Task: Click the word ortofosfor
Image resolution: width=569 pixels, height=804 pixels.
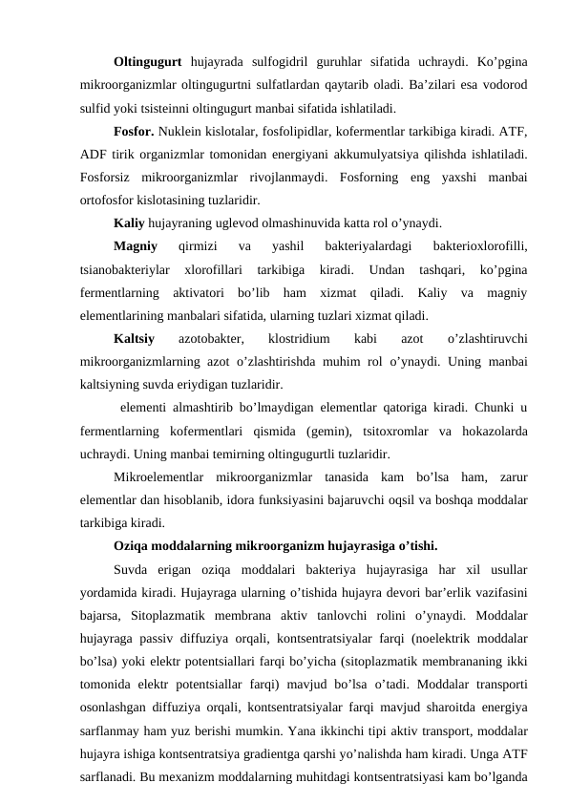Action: click(x=114, y=201)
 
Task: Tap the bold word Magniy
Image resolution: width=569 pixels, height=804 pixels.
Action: click(x=135, y=247)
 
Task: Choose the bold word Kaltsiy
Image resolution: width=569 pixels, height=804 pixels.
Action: click(x=134, y=340)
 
